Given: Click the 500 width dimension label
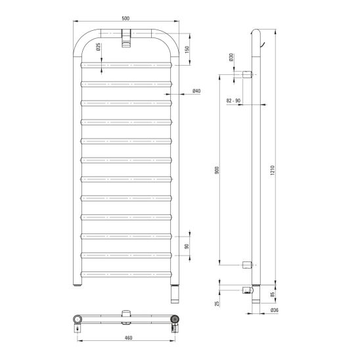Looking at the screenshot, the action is click(x=125, y=18).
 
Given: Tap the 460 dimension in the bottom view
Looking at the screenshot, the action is click(x=128, y=338).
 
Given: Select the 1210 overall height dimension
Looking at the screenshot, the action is click(x=273, y=170).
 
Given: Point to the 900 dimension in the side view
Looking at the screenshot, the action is click(x=217, y=170).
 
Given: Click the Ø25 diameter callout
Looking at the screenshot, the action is click(x=99, y=47).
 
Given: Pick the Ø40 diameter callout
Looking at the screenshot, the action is click(x=196, y=91).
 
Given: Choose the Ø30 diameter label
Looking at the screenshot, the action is click(x=231, y=57).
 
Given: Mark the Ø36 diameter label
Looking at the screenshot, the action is click(x=275, y=310).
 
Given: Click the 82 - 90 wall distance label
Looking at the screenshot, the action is click(x=233, y=101).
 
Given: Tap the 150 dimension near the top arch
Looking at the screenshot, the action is click(x=187, y=49).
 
